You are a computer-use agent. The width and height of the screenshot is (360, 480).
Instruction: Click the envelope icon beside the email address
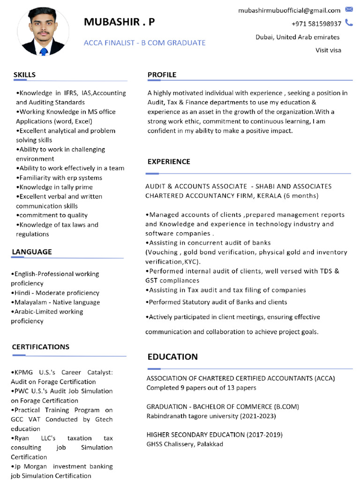pos(349,9)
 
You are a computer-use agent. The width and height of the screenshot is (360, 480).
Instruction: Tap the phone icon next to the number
pos(349,22)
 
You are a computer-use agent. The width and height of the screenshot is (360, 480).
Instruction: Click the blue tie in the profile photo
pos(44,51)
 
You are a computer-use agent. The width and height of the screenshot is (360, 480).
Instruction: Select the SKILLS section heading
pos(24,75)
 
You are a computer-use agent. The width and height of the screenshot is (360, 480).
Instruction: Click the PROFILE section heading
pos(162,75)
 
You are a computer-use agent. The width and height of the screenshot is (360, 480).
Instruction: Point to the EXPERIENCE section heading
pos(169,161)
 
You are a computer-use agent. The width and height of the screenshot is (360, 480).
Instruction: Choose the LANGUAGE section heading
pos(32,252)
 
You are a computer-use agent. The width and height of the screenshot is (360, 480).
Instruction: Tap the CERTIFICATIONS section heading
pos(40,347)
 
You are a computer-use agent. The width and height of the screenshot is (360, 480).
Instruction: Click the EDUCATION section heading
pos(172,357)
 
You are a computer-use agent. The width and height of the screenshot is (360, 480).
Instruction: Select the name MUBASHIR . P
pos(119,22)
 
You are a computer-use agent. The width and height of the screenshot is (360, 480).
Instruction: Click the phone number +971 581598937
pos(316,24)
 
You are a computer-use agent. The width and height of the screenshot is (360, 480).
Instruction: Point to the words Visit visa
pos(328,50)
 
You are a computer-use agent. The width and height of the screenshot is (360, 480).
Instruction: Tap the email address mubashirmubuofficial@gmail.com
pos(289,10)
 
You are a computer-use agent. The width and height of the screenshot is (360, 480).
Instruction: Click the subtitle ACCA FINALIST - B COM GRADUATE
pos(144,43)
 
